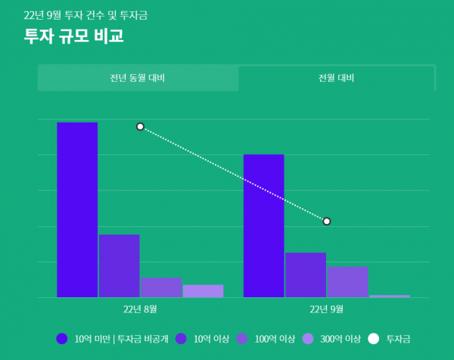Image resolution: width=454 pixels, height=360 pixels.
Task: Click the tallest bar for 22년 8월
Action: click(77, 209)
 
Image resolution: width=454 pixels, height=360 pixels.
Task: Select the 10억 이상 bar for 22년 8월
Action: click(119, 265)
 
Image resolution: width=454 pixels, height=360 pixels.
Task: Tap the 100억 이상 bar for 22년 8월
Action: click(160, 287)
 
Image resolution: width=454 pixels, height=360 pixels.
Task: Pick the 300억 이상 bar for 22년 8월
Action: click(203, 291)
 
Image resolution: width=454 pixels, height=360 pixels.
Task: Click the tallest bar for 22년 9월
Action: click(263, 225)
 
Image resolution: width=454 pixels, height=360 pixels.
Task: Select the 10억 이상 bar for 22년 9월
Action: click(305, 275)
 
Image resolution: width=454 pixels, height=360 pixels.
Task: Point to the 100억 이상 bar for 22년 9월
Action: click(347, 281)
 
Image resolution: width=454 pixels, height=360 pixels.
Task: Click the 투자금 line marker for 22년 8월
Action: click(140, 126)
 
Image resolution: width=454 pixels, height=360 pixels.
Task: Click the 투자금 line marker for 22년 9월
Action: click(327, 221)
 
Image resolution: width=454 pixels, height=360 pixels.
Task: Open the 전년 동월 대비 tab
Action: click(138, 78)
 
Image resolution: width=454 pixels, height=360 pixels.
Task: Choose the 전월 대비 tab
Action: click(337, 78)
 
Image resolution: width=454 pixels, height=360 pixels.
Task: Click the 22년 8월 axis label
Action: click(140, 309)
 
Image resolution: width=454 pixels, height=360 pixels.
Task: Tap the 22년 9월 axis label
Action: click(327, 309)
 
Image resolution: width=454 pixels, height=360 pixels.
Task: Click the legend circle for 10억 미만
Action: click(62, 339)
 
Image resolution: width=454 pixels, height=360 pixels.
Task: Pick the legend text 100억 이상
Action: click(275, 339)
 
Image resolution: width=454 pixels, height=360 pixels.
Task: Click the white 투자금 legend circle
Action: click(373, 339)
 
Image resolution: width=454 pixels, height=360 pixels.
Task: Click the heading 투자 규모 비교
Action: click(73, 36)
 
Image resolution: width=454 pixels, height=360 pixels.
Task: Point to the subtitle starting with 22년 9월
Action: click(86, 15)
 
